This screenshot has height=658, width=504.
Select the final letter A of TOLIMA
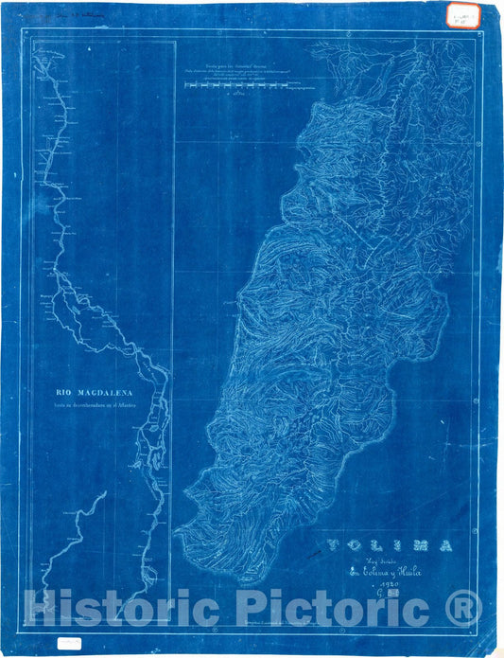tap(444, 545)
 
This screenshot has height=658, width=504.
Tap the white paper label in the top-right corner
tap(464, 17)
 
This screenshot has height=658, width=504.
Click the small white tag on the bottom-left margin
tap(70, 641)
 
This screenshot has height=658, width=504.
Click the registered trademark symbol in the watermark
tap(462, 607)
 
